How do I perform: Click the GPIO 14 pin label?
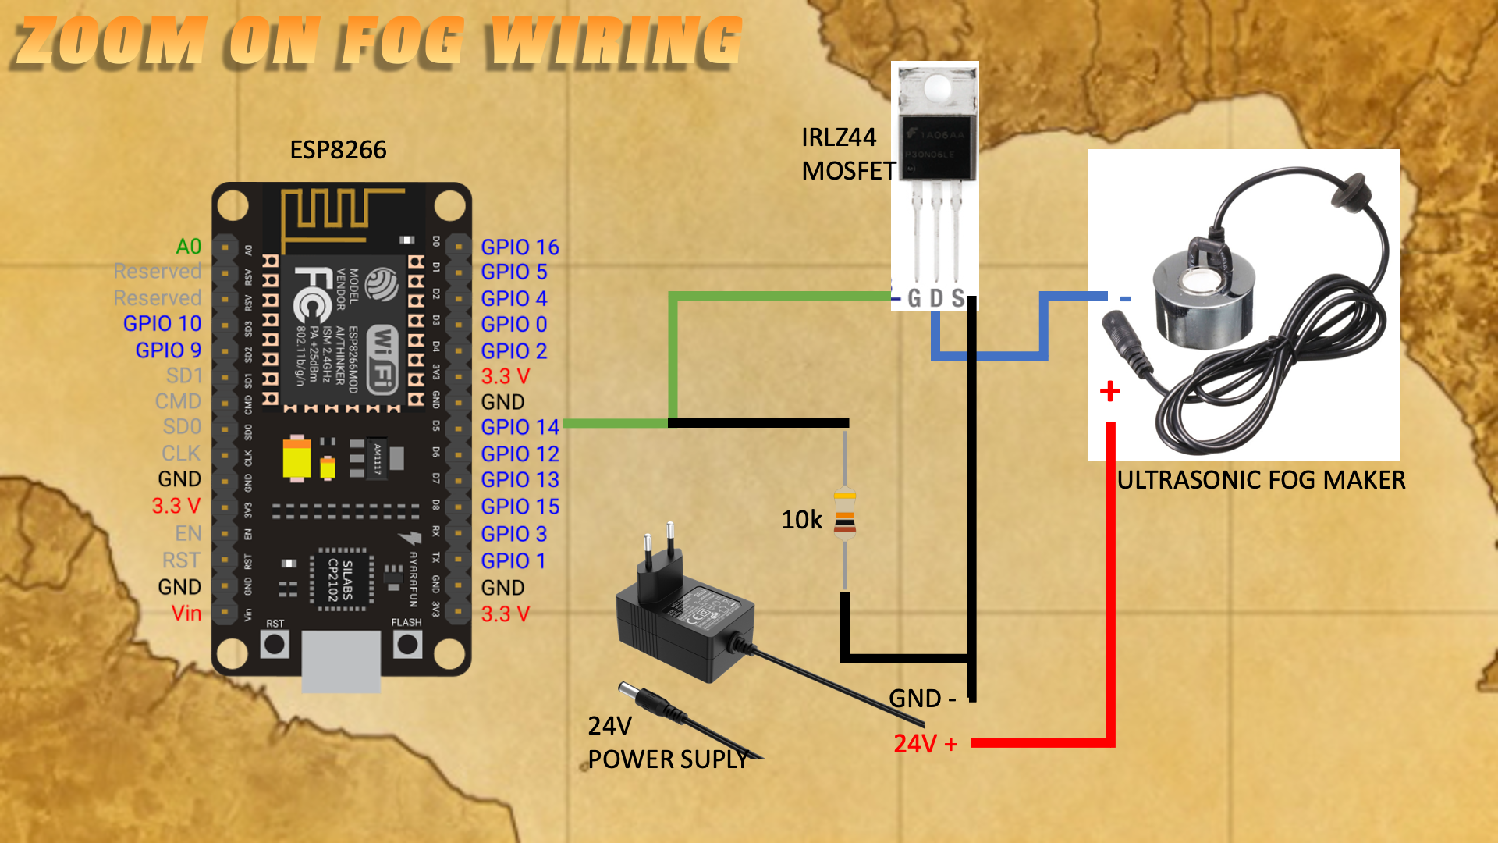click(520, 427)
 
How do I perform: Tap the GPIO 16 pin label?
click(520, 247)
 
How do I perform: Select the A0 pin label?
click(189, 247)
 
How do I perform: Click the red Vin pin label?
click(186, 614)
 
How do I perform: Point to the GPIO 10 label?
click(162, 323)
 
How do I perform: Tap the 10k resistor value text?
click(801, 520)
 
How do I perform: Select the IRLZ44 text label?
click(839, 137)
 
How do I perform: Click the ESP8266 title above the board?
click(338, 150)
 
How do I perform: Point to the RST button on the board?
click(275, 644)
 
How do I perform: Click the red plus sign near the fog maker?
click(1109, 390)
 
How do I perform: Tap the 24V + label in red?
click(925, 744)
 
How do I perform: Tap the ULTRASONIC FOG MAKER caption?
click(1261, 480)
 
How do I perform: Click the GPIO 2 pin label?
click(513, 350)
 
